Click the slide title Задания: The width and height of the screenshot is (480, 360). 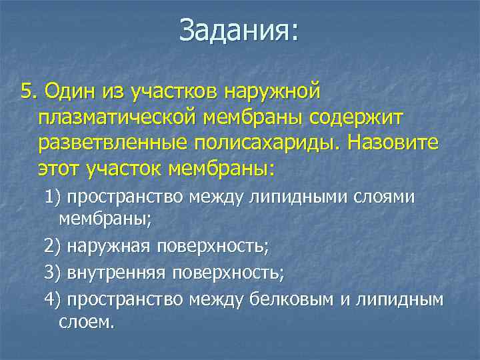pyautogui.click(x=239, y=31)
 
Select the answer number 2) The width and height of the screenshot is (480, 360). pyautogui.click(x=53, y=247)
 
